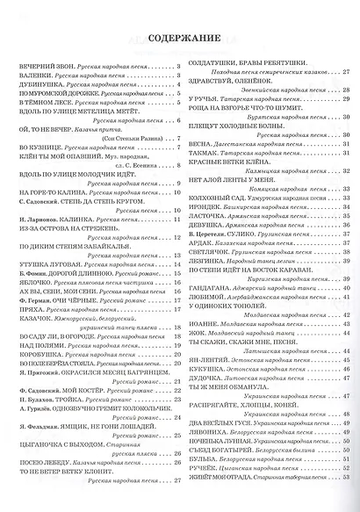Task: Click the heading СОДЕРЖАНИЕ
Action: tap(180, 40)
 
